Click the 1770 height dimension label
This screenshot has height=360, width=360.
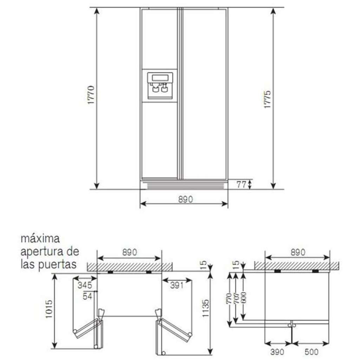(x=91, y=95)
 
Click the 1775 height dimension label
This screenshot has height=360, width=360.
(x=267, y=99)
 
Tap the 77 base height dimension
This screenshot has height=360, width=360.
(x=241, y=184)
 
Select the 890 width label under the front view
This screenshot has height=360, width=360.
(x=185, y=199)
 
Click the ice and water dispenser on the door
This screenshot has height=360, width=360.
(x=160, y=86)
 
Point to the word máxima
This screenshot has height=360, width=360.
(x=40, y=239)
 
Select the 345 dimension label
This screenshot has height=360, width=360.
(x=85, y=286)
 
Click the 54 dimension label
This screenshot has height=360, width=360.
(x=87, y=296)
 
